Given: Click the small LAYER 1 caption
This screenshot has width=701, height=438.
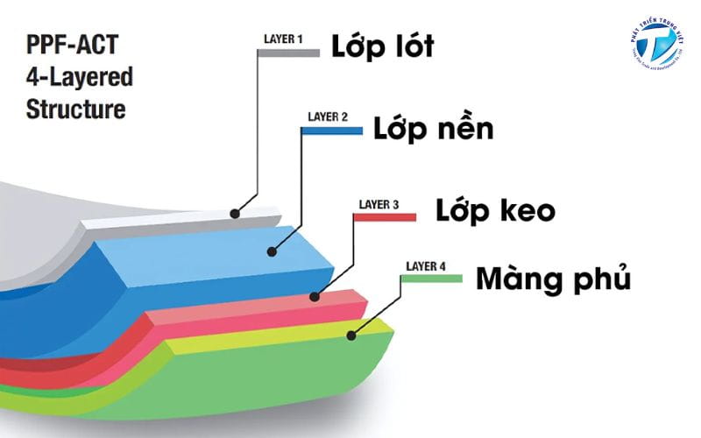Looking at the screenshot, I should pos(283,39).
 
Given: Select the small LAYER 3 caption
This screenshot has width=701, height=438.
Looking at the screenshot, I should pos(379,205).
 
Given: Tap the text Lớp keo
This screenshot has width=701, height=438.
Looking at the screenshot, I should pos(495,210).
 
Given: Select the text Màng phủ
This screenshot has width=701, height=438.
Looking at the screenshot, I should pos(553,279).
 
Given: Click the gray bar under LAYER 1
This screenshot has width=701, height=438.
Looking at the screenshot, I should pos(288,53).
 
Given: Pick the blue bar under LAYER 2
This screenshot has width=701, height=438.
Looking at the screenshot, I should pos(331,131).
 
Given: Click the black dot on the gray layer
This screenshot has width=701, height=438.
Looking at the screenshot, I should pos(235,213).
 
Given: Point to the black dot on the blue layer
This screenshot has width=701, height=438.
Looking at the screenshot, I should pos(272,251).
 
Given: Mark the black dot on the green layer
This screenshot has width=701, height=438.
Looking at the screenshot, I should pos(350,334).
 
